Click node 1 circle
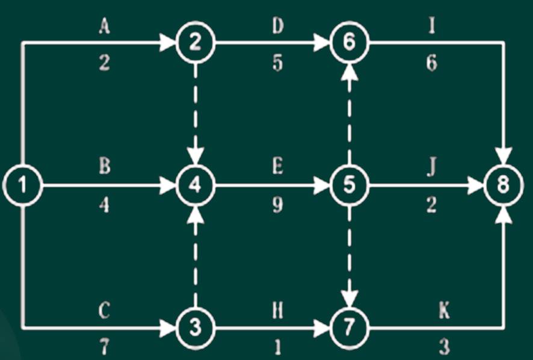pyautogui.click(x=22, y=185)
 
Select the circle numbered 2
pyautogui.click(x=195, y=43)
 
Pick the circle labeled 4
pyautogui.click(x=195, y=185)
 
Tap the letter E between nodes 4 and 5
pyautogui.click(x=277, y=167)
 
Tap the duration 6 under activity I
pyautogui.click(x=431, y=64)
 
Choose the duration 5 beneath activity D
pyautogui.click(x=277, y=64)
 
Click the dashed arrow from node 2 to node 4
pyautogui.click(x=195, y=111)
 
